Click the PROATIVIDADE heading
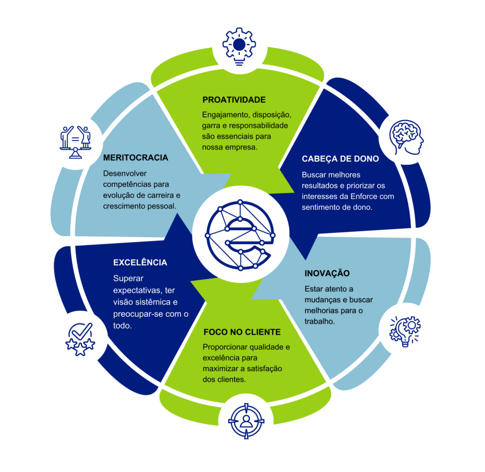pos(234,100)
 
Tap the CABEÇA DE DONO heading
pos(340,159)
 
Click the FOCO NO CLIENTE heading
pos(242,332)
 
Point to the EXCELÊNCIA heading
pos(140,262)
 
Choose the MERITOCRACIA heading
pos(136,158)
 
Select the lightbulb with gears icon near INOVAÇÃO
pos(405,331)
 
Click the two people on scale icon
pos(75,141)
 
